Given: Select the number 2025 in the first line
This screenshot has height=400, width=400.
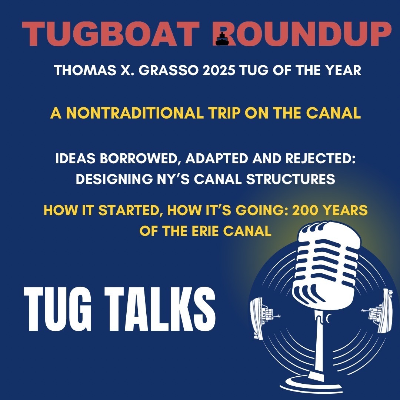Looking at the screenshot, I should coord(218,70).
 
